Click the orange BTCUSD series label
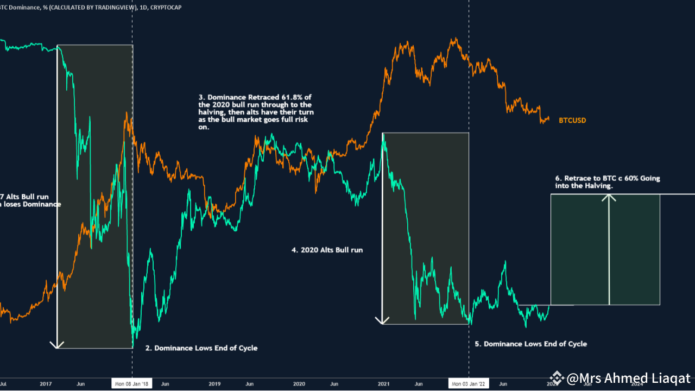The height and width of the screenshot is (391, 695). coord(572,121)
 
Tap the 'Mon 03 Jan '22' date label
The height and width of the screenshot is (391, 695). coord(469,384)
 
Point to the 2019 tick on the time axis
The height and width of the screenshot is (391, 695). coord(214,384)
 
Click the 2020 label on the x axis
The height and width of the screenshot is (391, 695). coord(299,384)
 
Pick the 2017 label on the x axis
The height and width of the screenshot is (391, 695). coord(46,384)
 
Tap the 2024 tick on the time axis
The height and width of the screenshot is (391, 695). coord(637,384)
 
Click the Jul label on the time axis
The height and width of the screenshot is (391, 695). coord(3,384)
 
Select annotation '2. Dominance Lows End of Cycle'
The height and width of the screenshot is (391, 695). coord(201,348)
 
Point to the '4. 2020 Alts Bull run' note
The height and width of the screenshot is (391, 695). coord(327,250)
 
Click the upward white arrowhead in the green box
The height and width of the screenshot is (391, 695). coord(609,198)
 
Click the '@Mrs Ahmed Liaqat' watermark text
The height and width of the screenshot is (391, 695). coord(628,379)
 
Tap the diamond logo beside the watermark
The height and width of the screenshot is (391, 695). coord(556,378)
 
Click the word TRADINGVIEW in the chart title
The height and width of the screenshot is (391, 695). coord(100,6)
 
